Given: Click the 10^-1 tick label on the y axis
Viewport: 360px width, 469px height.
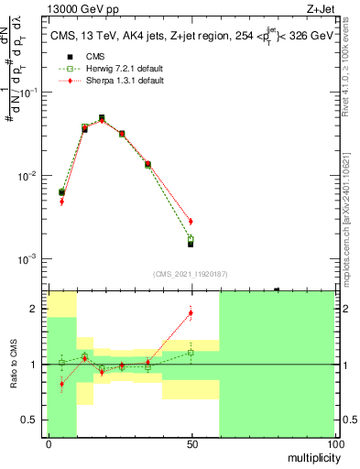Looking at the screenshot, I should pyautogui.click(x=30, y=93).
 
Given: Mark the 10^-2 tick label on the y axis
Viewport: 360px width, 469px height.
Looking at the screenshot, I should pyautogui.click(x=30, y=176).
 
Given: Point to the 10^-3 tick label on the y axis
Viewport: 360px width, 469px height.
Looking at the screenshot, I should pyautogui.click(x=30, y=259).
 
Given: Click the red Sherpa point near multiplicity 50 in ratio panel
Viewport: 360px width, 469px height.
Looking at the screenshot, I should pyautogui.click(x=191, y=312).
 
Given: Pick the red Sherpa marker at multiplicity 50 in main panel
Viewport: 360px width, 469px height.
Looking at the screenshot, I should pyautogui.click(x=191, y=222).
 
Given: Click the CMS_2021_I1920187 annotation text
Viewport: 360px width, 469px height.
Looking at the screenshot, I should pyautogui.click(x=191, y=273).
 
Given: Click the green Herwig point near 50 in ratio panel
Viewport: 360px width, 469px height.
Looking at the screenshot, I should pyautogui.click(x=191, y=353).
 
